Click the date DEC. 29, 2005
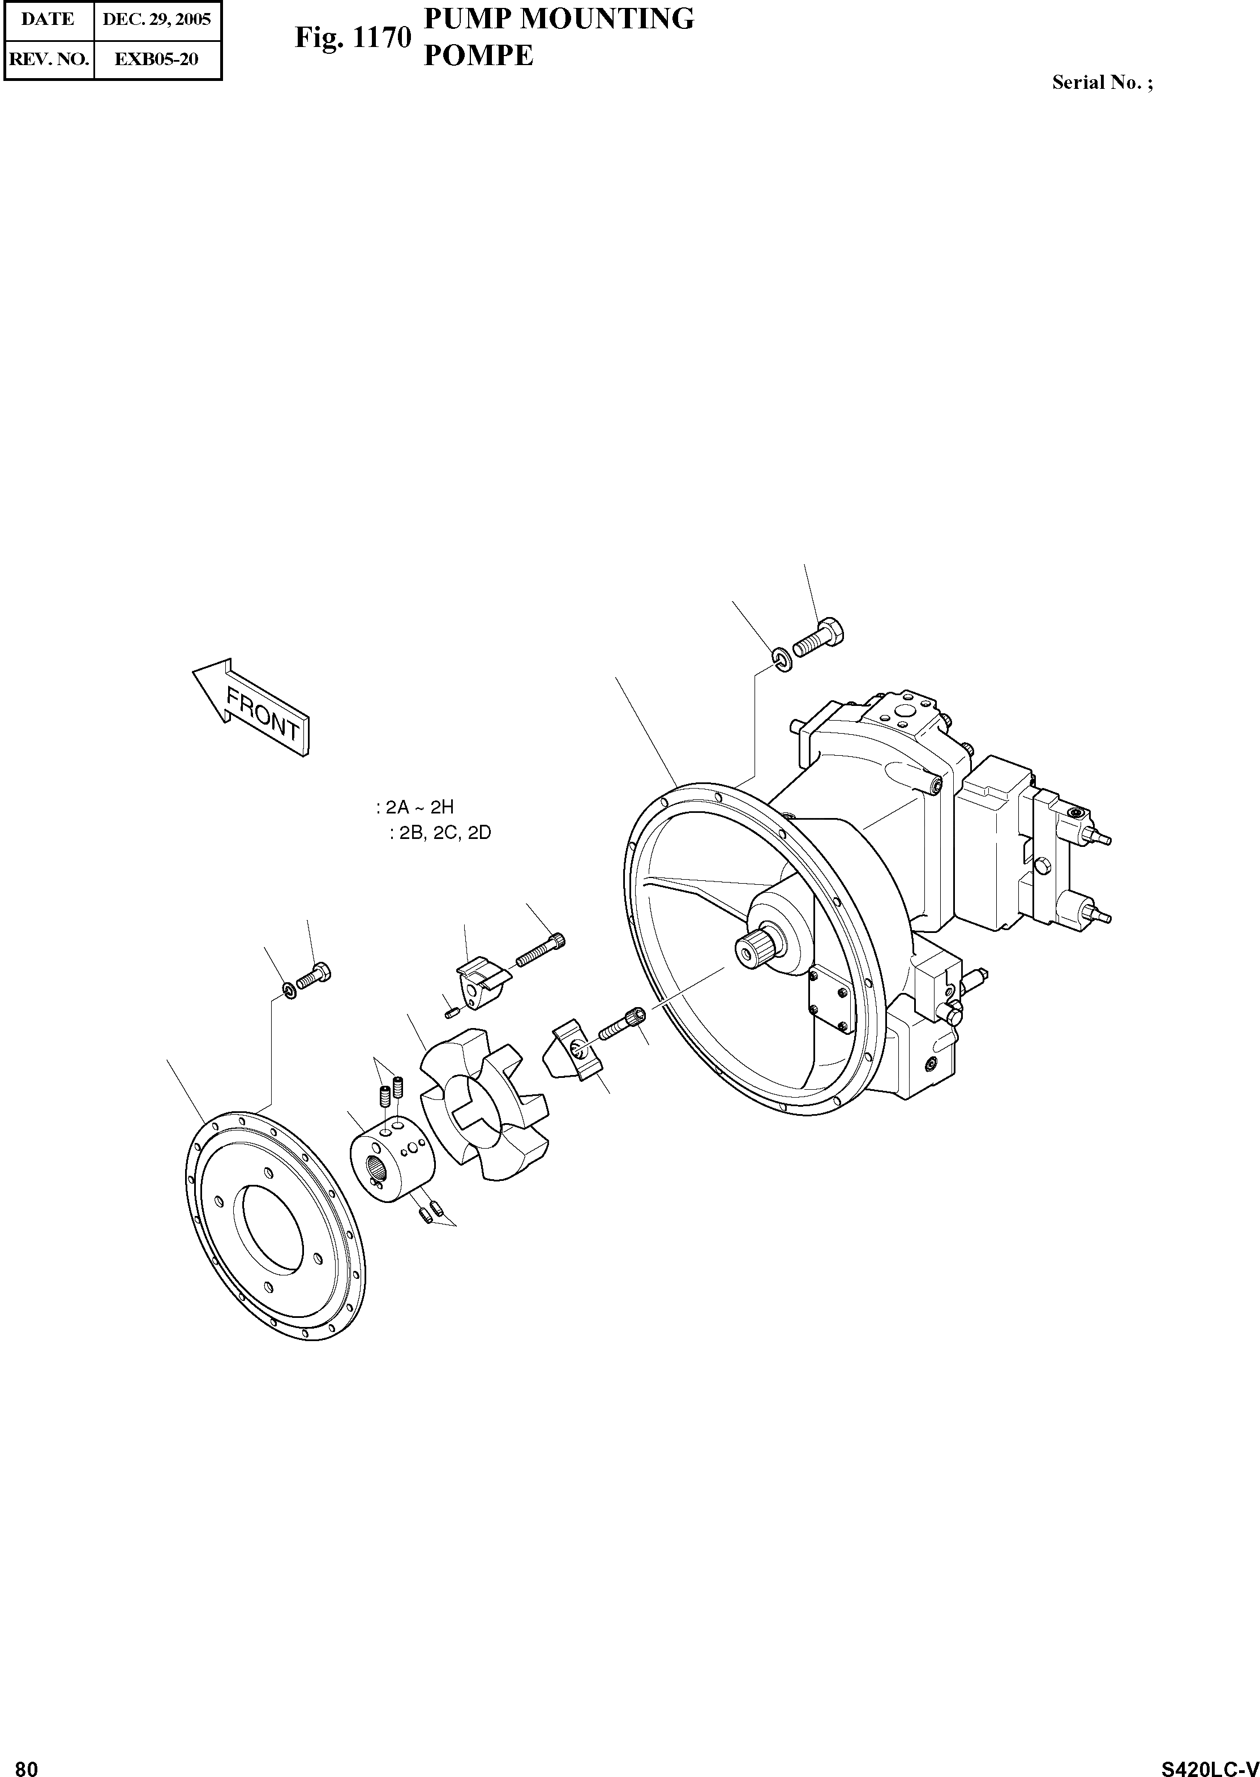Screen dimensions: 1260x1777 [x=157, y=19]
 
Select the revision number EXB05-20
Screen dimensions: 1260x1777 [x=157, y=59]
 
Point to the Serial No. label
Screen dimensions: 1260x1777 [x=1102, y=82]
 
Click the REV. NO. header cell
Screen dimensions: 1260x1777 [x=48, y=59]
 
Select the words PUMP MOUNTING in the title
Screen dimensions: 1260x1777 [x=559, y=19]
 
